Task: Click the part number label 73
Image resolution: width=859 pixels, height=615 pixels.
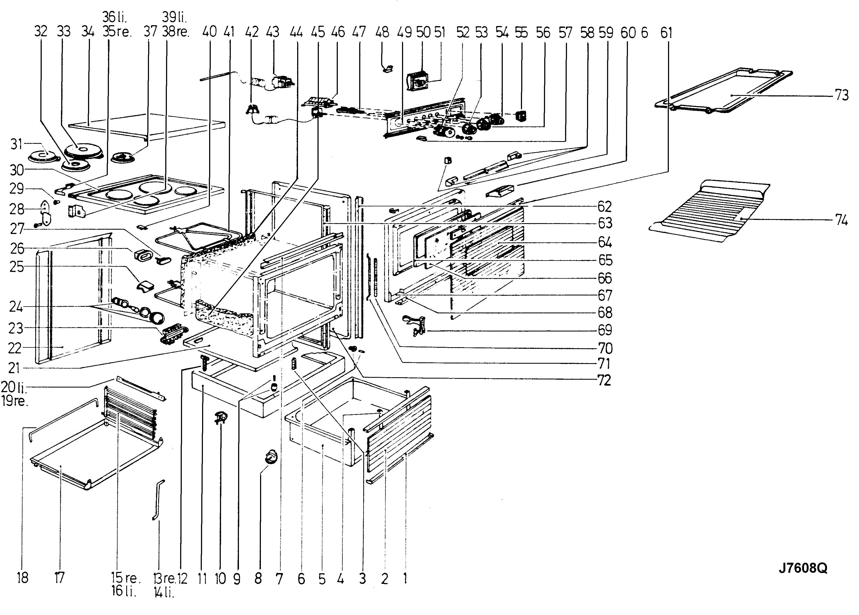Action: click(x=842, y=95)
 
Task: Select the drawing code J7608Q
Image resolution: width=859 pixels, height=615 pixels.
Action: click(x=803, y=568)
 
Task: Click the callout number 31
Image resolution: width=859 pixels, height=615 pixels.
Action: click(x=16, y=144)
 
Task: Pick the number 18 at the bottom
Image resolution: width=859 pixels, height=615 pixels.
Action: click(x=23, y=578)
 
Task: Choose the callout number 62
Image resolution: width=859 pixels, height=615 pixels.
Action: click(x=605, y=207)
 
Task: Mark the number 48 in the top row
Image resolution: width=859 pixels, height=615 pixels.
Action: click(x=382, y=32)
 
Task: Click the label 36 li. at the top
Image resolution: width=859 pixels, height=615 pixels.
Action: click(x=115, y=17)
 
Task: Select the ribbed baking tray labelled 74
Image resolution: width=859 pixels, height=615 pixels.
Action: click(x=708, y=212)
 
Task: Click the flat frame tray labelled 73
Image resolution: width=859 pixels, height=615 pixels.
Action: click(x=723, y=91)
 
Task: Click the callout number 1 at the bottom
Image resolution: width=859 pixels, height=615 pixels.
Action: click(x=405, y=578)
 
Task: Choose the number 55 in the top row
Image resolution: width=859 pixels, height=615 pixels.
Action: click(x=521, y=32)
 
